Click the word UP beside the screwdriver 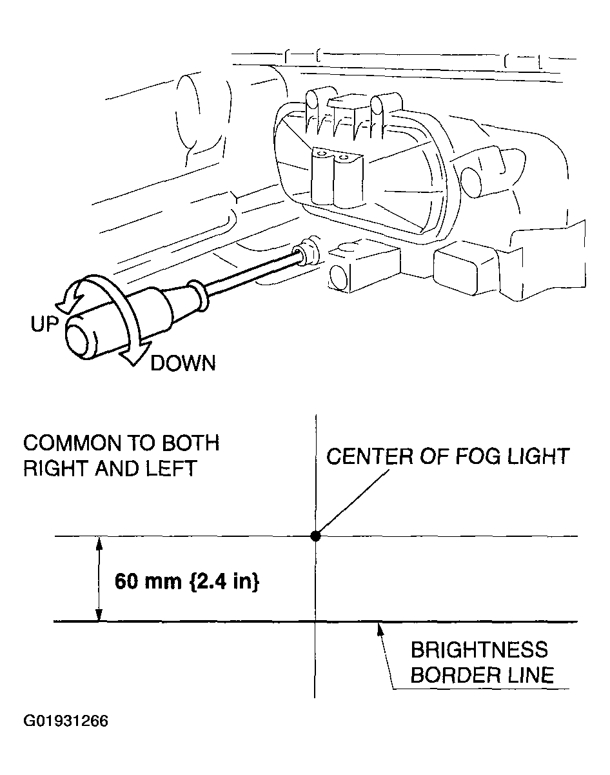pos(44,324)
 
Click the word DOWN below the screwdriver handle pos(183,363)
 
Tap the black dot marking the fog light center pos(315,536)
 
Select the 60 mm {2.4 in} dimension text pos(187,581)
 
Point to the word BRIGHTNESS pos(479,650)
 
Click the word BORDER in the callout pos(451,675)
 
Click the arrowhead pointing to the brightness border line pos(379,628)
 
